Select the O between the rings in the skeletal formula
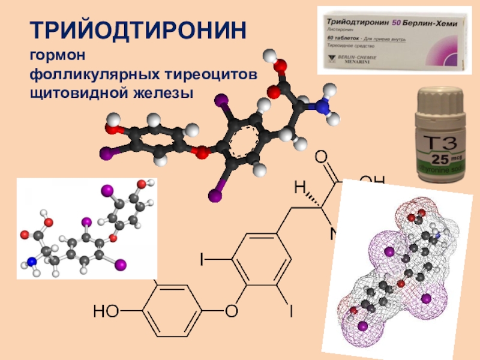tap(230, 311)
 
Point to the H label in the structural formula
tap(299, 188)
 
